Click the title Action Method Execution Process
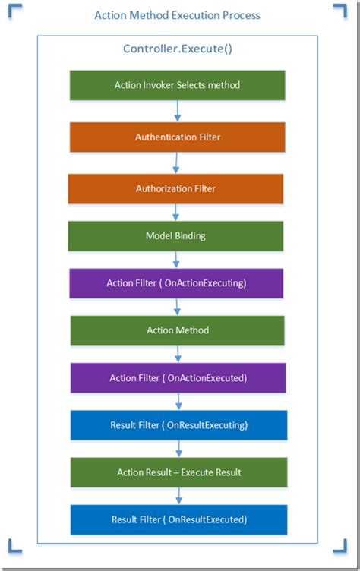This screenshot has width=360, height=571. (177, 15)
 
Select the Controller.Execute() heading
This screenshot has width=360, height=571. (177, 49)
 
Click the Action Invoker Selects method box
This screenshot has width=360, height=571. (178, 85)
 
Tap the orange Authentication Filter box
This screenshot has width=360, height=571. (178, 137)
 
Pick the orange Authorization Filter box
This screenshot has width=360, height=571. (175, 189)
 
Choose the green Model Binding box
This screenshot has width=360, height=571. (175, 236)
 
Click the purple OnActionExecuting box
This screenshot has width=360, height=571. (177, 283)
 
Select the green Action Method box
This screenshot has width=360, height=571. (178, 330)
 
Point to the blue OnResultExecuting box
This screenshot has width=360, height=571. (179, 425)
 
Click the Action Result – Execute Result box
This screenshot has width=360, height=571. (179, 472)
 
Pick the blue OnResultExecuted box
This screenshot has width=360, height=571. (179, 519)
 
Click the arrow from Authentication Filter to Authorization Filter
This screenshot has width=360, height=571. (175, 163)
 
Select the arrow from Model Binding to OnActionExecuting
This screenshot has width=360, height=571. (175, 260)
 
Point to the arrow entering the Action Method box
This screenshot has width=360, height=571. (178, 307)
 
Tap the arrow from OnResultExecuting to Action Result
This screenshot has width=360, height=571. (179, 449)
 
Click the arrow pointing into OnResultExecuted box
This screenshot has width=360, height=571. (179, 496)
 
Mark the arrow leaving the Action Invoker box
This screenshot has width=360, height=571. (178, 111)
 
